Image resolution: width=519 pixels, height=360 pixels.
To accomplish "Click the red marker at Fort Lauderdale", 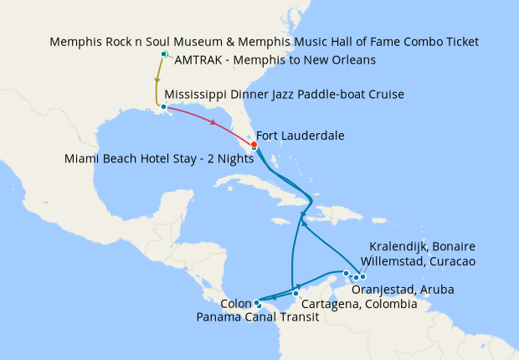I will click(254, 143).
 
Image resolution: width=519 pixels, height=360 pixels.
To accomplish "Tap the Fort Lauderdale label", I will click(300, 135).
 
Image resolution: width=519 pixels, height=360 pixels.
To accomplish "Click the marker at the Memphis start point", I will click(164, 54).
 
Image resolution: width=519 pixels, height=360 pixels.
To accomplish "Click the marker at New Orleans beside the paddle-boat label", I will click(163, 105).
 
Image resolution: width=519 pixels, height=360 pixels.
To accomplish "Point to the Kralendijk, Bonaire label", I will click(422, 246).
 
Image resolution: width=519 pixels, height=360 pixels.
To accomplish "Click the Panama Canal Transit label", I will click(257, 316).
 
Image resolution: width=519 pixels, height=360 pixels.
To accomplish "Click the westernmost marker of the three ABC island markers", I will click(346, 273).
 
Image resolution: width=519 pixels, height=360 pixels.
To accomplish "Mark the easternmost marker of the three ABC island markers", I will click(362, 277).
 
